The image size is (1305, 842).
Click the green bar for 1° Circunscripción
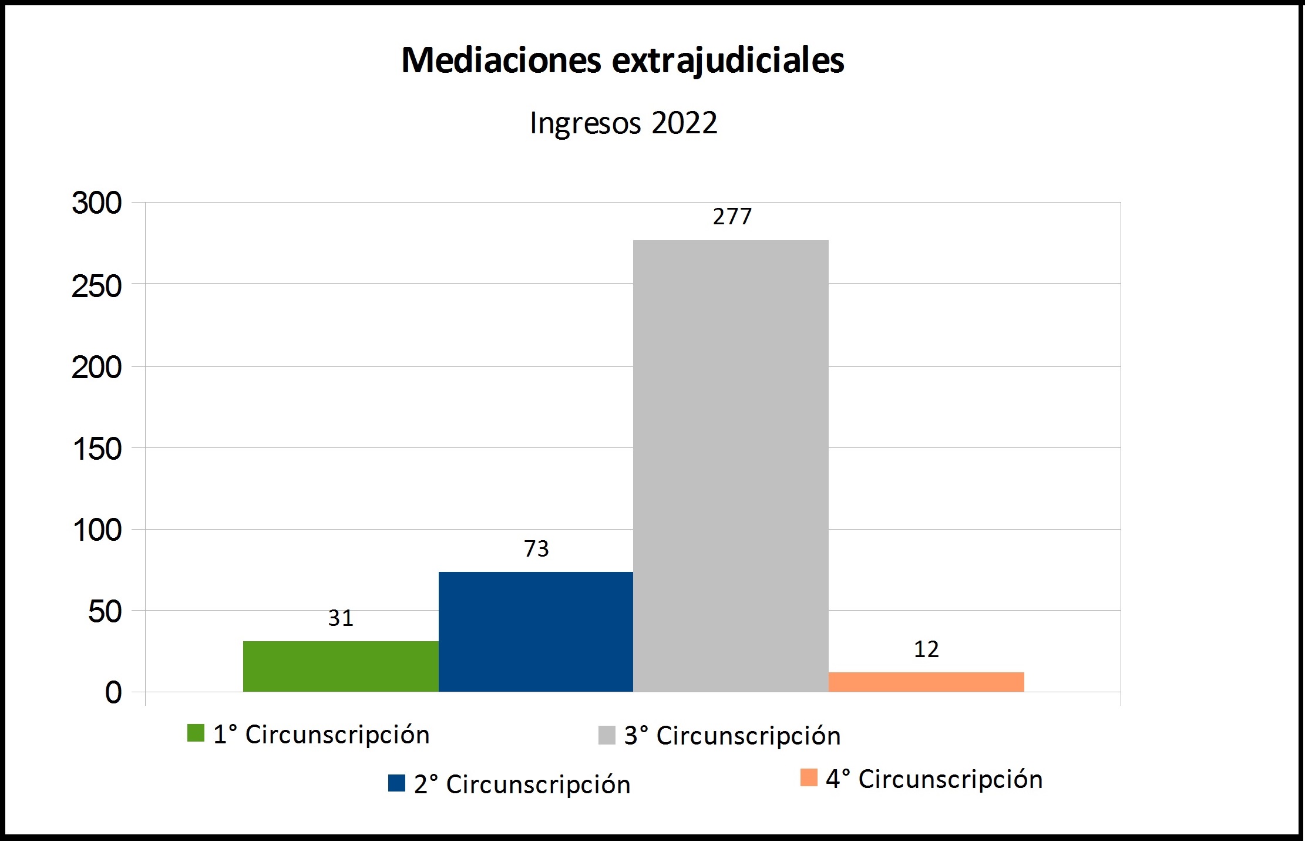(341, 666)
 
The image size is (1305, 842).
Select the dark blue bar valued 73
(536, 632)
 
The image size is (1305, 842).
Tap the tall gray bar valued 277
(731, 466)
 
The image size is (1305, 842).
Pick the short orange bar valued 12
(926, 682)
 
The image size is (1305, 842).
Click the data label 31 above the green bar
(341, 618)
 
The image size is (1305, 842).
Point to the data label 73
(536, 549)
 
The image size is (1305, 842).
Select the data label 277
(732, 217)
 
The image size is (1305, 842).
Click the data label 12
(926, 649)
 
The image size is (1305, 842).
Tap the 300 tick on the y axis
(97, 204)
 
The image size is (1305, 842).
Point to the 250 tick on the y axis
(97, 287)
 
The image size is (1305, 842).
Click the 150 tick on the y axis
(97, 450)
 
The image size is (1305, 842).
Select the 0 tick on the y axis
(113, 693)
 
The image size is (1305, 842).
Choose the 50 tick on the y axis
(105, 612)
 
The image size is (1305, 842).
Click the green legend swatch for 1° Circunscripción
(196, 733)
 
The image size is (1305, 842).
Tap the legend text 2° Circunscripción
(522, 784)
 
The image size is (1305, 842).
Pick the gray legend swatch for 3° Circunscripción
(607, 735)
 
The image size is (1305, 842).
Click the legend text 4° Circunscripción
(934, 779)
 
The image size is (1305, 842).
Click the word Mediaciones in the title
(501, 60)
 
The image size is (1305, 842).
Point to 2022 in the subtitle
(684, 123)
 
